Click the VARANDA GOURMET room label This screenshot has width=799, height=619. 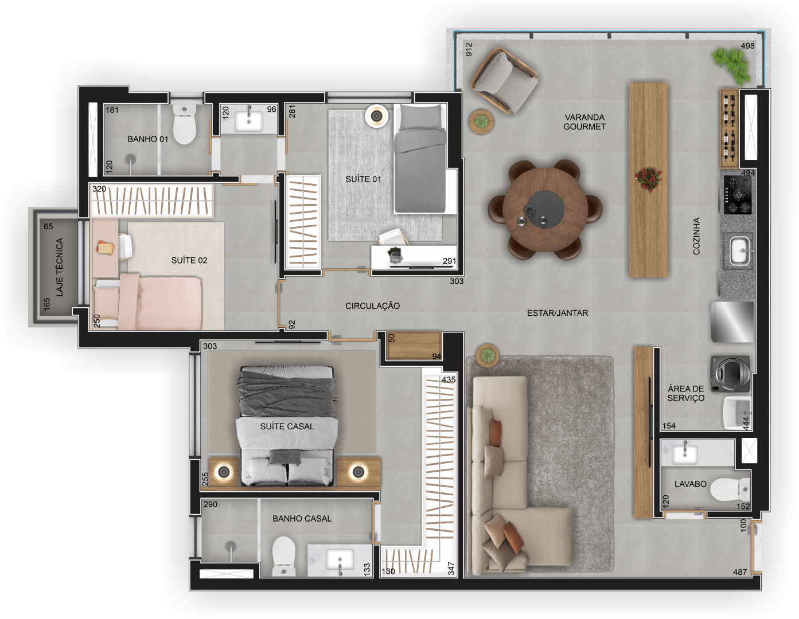(584, 122)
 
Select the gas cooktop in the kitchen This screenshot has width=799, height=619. (737, 195)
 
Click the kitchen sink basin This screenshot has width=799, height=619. (739, 251)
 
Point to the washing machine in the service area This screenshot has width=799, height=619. (730, 373)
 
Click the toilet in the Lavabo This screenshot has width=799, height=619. (730, 489)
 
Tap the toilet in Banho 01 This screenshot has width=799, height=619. (184, 124)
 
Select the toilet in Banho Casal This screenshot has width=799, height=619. (284, 556)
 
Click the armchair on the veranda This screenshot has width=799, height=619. (504, 80)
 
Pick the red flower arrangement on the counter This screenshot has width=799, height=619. (648, 179)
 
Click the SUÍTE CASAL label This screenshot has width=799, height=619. (287, 426)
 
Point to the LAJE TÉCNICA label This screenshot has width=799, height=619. (59, 267)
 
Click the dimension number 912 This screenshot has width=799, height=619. (469, 50)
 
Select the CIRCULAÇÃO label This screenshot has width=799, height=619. (372, 306)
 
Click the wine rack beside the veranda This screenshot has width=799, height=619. (729, 128)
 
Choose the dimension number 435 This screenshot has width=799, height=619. (449, 379)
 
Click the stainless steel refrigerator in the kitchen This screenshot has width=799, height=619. (732, 322)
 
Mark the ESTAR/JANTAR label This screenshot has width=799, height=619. (558, 313)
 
